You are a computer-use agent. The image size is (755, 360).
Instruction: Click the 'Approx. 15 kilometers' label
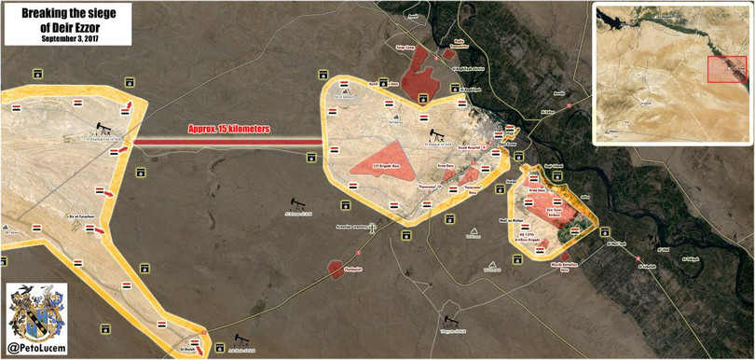(x=229, y=131)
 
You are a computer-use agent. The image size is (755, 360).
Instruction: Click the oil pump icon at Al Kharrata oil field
(x=100, y=130)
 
